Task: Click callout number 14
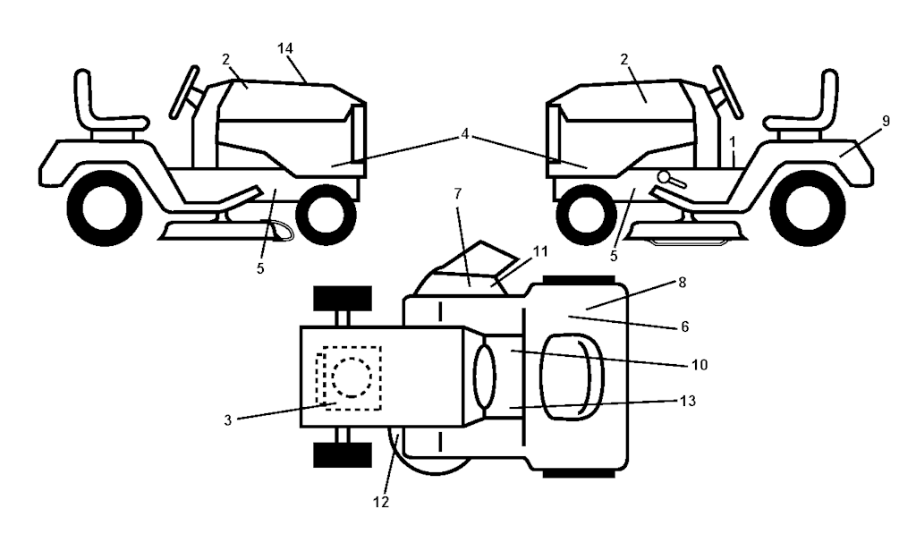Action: (x=285, y=48)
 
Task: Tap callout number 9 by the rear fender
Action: (x=886, y=121)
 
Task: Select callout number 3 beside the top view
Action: (x=228, y=420)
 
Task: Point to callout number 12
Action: (x=381, y=501)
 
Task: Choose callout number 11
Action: (x=540, y=252)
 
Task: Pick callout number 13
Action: (x=688, y=402)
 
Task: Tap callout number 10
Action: (x=700, y=365)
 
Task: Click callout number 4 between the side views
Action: (x=464, y=134)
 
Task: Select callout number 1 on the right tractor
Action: (x=733, y=142)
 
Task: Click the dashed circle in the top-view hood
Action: (x=352, y=377)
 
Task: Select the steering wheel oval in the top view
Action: (x=484, y=376)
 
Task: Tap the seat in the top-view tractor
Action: (x=572, y=377)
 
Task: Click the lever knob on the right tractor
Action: (x=664, y=176)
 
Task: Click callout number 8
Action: (x=681, y=283)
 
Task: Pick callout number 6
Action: (x=684, y=326)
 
